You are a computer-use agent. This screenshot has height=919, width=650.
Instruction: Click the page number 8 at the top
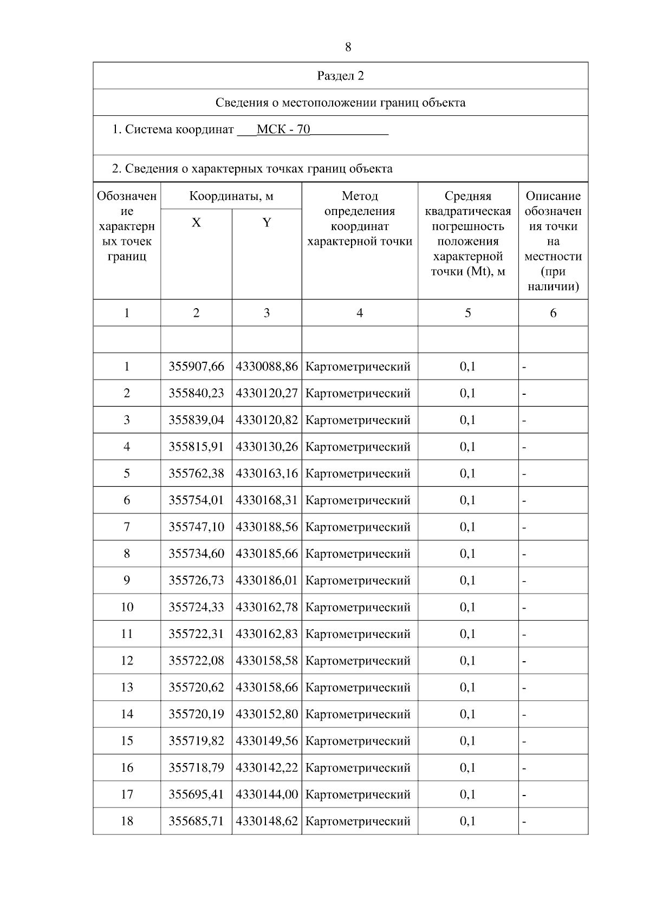348,47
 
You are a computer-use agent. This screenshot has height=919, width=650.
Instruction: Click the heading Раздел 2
340,76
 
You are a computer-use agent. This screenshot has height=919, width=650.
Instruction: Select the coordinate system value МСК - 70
283,129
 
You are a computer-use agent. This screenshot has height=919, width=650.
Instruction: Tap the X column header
196,223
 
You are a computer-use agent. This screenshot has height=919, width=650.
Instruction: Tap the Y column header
266,223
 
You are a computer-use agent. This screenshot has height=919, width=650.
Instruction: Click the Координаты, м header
231,196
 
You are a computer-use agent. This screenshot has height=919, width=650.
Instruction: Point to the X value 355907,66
196,367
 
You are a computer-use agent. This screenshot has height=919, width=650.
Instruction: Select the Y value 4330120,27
266,393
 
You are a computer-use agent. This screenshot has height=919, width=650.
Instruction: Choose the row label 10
127,607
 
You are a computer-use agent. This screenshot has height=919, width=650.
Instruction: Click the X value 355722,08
196,661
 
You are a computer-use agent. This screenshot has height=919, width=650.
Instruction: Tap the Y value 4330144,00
266,794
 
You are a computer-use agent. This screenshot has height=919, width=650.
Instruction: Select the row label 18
127,821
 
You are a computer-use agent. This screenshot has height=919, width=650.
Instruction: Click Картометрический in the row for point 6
358,500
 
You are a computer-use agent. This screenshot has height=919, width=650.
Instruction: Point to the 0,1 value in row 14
467,714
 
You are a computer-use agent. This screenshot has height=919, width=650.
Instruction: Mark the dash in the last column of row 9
524,581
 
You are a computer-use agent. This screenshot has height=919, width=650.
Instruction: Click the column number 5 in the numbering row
467,313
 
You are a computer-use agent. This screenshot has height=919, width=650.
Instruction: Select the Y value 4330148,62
266,821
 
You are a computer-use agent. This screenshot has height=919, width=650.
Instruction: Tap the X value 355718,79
196,768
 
